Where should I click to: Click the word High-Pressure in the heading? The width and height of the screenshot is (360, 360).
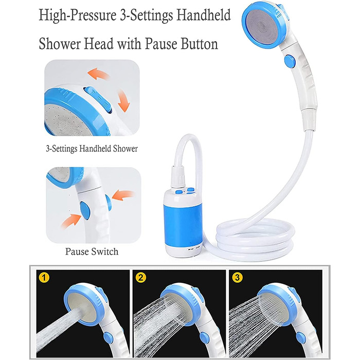pyautogui.click(x=78, y=16)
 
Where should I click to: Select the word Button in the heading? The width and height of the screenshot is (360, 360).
pyautogui.click(x=200, y=44)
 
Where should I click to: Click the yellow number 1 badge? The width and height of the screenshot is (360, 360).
pyautogui.click(x=44, y=278)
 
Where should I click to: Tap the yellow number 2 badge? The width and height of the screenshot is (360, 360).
pyautogui.click(x=141, y=278)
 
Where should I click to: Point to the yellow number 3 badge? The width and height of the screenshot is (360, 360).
pyautogui.click(x=237, y=278)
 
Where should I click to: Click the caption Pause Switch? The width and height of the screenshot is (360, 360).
pyautogui.click(x=92, y=251)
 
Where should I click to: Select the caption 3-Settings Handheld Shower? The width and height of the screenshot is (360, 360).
pyautogui.click(x=92, y=149)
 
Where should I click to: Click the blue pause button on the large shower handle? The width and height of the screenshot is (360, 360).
pyautogui.click(x=290, y=61)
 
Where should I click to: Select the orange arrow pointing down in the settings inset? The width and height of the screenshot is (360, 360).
pyautogui.click(x=124, y=101)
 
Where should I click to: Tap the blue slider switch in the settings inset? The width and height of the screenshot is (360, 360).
pyautogui.click(x=98, y=99)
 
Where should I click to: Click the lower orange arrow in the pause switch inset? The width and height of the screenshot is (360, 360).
pyautogui.click(x=71, y=221)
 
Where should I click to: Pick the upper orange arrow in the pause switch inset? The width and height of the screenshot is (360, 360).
pyautogui.click(x=123, y=195)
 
